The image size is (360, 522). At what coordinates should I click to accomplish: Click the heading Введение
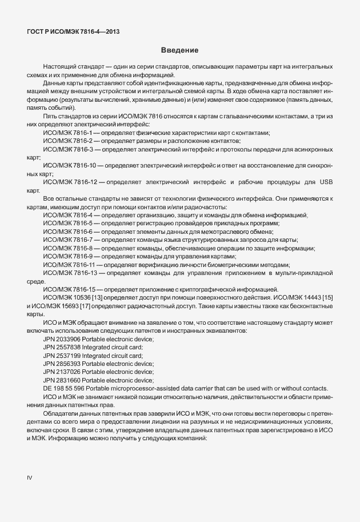(x=179, y=50)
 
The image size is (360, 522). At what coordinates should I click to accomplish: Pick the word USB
(x=326, y=182)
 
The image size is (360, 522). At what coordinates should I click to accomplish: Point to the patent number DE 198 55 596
(x=63, y=388)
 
